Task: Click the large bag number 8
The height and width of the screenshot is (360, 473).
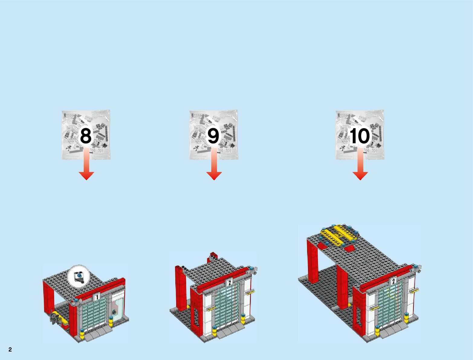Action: coord(86,136)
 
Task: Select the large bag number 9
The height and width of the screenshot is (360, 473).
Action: coord(213,136)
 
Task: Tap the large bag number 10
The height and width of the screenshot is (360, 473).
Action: coord(360,136)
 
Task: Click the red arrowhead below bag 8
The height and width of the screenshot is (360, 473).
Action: coord(86,176)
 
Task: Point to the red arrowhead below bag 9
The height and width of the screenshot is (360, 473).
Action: coord(214,176)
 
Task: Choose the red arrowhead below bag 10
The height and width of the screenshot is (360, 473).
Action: coord(360,176)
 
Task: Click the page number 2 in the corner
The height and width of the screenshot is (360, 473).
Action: coord(10,350)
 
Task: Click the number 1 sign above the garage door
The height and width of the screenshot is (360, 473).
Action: coord(97,297)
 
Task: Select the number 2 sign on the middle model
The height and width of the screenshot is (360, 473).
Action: coord(229,283)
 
